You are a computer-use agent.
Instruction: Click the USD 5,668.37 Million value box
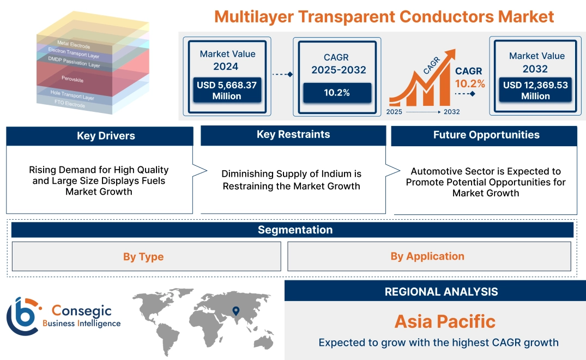227,91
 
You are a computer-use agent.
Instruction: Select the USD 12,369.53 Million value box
535,91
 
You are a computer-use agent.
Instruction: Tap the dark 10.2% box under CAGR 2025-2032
337,92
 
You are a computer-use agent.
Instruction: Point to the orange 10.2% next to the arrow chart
470,84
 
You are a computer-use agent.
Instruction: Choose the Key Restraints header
293,135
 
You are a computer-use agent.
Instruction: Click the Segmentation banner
295,230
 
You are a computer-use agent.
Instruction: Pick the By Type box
143,256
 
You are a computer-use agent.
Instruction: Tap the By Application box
427,256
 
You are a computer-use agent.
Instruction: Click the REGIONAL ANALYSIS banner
441,291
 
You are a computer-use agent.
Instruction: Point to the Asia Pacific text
445,321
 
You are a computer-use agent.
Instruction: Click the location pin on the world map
235,311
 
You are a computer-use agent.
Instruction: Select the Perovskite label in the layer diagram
73,80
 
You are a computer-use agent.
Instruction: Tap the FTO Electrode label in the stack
69,104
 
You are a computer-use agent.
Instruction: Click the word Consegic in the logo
82,311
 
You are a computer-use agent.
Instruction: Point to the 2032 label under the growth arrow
452,112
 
